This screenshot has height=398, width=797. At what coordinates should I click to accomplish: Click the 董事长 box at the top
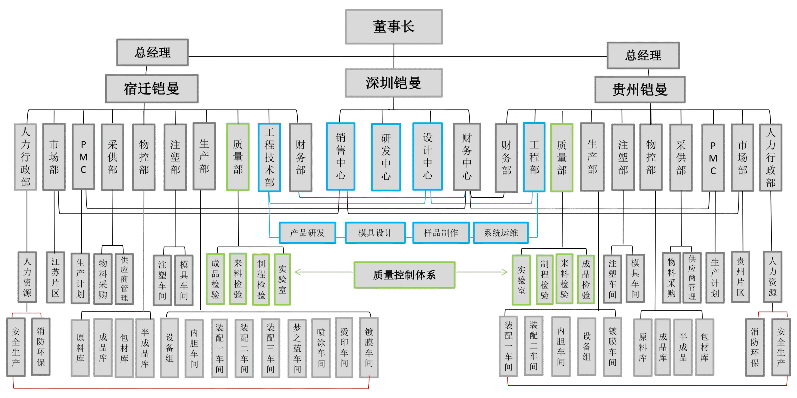(x=393, y=26)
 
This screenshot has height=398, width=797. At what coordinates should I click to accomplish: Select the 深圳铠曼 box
(x=393, y=83)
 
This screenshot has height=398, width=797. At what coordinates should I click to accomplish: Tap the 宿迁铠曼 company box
(x=152, y=89)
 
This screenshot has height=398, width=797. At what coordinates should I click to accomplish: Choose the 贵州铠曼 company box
(x=639, y=90)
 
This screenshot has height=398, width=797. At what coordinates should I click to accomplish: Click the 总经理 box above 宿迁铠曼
(x=152, y=52)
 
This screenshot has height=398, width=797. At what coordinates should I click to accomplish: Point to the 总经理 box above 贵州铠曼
(x=643, y=55)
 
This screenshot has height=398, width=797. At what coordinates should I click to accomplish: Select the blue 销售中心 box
(x=340, y=156)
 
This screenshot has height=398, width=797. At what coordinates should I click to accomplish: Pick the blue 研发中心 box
(x=385, y=157)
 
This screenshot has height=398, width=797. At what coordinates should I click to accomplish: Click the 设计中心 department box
(x=427, y=156)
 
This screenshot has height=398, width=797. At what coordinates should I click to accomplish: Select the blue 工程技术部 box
(x=269, y=157)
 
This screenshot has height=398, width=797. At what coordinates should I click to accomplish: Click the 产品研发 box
(x=307, y=233)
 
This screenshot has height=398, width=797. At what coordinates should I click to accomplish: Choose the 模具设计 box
(x=375, y=233)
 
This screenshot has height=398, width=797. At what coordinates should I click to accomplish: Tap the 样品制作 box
(x=441, y=233)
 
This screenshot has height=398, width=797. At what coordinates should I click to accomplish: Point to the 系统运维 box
(x=501, y=233)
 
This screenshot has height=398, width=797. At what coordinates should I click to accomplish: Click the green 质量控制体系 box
(x=404, y=275)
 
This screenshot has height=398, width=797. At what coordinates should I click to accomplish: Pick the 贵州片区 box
(x=740, y=276)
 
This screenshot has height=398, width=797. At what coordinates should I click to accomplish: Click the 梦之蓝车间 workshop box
(x=297, y=348)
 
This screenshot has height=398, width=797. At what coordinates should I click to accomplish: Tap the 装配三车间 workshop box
(x=270, y=348)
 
